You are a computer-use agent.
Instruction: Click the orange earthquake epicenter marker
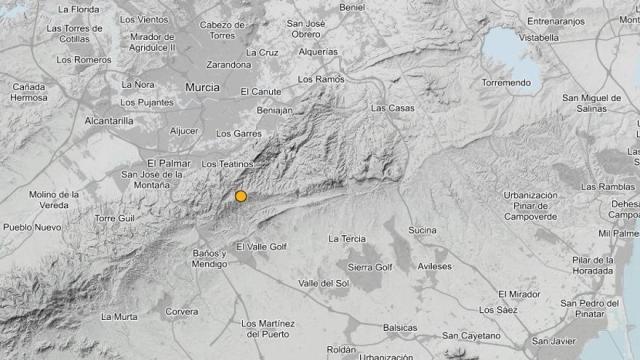coord(241,197)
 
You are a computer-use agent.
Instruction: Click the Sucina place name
coord(423,230)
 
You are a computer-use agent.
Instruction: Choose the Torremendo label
coord(505,81)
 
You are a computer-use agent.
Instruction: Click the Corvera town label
coord(181,312)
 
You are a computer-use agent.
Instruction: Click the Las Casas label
coord(391,108)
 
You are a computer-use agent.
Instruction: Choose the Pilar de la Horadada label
coord(600,266)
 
